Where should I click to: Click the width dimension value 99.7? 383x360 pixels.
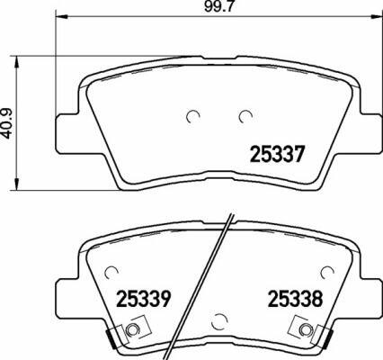tap(218, 6)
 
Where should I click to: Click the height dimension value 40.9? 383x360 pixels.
tap(7, 123)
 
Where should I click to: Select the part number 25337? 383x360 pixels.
tap(278, 155)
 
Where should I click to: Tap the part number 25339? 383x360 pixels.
tap(144, 299)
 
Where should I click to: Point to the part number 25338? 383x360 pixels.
tap(296, 299)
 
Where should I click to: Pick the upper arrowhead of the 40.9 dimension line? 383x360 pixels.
tap(17, 62)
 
